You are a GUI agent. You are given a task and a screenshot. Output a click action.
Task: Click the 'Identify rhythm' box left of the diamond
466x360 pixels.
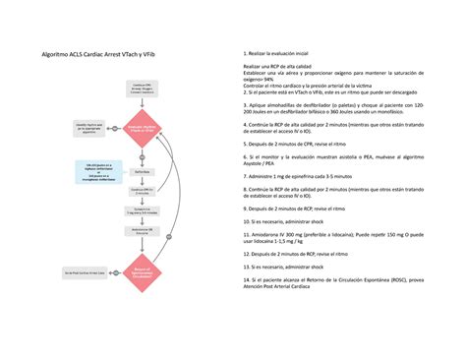(x=89, y=129)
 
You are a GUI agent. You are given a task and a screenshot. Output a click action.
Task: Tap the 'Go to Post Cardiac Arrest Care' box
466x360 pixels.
(x=85, y=271)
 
